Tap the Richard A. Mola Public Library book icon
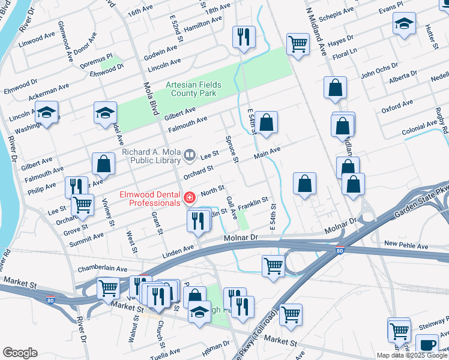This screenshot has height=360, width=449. (190, 156)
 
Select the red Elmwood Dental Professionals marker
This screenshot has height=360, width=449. (190, 197)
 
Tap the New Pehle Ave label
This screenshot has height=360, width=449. (406, 244)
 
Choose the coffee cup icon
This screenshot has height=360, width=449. (428, 344)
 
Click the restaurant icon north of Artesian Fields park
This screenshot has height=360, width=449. (244, 37)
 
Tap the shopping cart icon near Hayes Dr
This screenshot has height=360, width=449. (297, 44)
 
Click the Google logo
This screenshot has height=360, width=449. (20, 353)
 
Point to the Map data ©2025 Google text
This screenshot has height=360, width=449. (411, 355)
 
